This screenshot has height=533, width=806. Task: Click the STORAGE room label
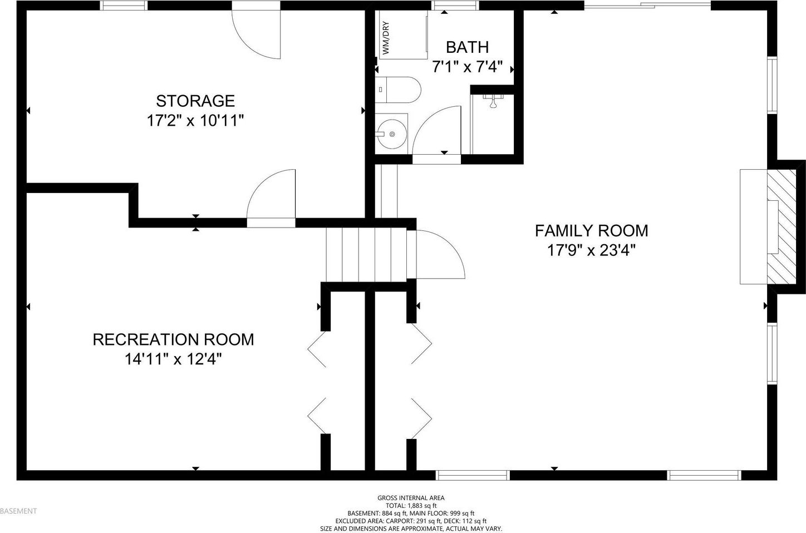[x=195, y=101]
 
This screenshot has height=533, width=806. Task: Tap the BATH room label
[x=467, y=47]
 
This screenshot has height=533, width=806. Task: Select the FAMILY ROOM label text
[x=592, y=230]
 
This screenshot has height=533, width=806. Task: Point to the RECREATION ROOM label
[x=174, y=339]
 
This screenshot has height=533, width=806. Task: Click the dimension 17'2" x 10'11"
[x=195, y=121]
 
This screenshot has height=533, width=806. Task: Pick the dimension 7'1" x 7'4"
[x=467, y=67]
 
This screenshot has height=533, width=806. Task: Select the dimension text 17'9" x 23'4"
[x=592, y=250]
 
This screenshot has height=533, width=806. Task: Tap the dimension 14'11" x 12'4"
[x=173, y=359]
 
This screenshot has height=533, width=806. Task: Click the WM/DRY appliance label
[x=386, y=38]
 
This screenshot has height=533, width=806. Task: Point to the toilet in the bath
[x=398, y=89]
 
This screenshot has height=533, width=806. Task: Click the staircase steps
[x=366, y=255]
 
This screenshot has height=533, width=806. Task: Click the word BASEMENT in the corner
[x=19, y=511]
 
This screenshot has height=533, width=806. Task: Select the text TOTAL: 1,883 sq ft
[x=411, y=505]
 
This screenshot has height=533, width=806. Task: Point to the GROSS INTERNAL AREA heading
[x=411, y=498]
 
